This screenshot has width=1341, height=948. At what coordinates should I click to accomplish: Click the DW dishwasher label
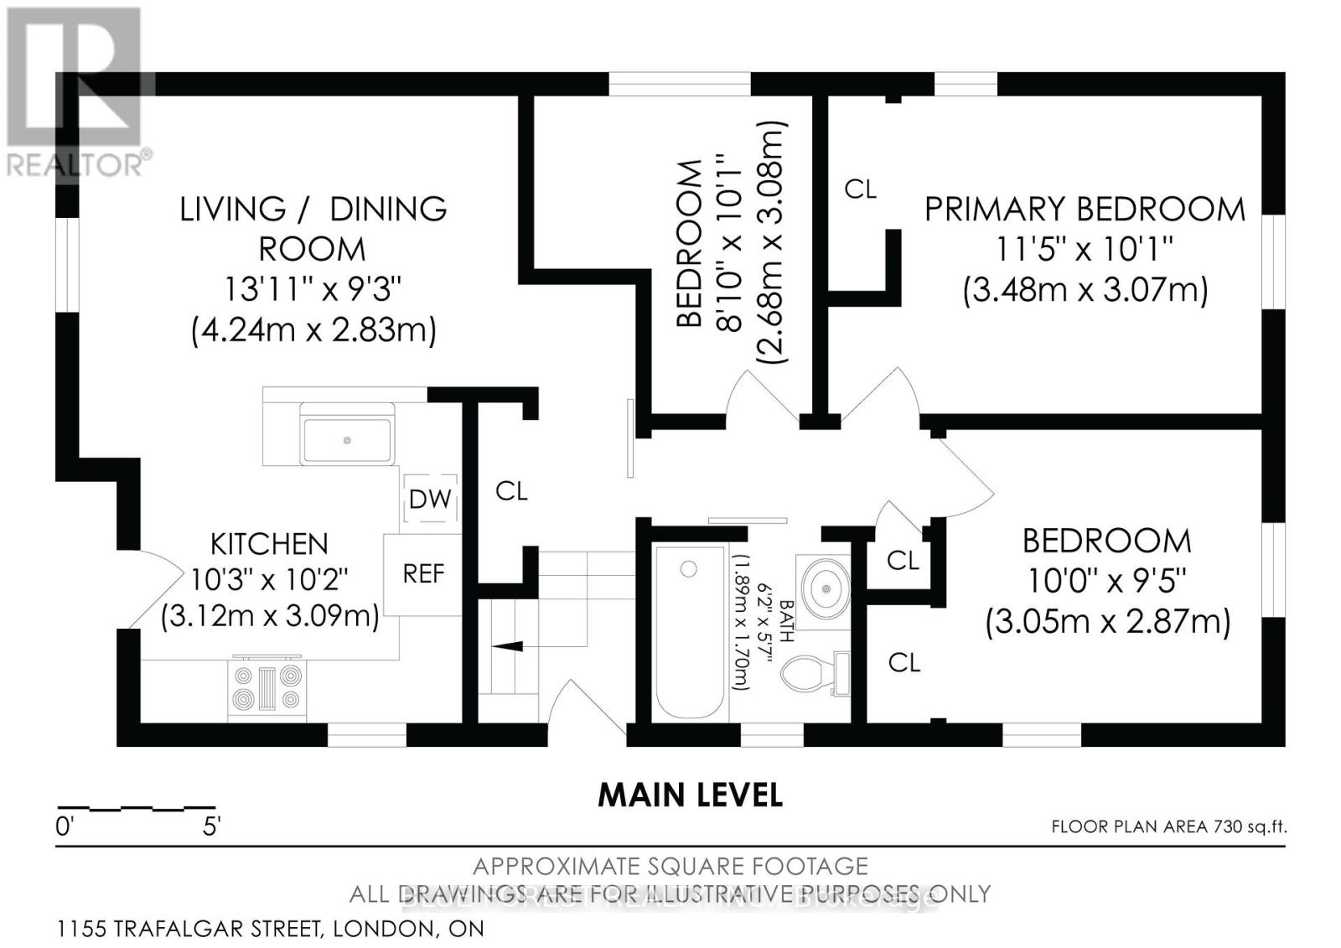point(430,500)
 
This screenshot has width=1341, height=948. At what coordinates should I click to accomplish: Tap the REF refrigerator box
point(423,574)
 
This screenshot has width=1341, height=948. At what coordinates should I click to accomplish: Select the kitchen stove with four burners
point(267,687)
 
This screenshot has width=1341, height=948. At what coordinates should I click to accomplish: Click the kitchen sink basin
point(347,440)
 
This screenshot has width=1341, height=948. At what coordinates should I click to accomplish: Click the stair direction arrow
point(506,646)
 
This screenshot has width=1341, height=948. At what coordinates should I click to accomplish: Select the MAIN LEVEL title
point(690,795)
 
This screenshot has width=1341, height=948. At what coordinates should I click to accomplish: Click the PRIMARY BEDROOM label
point(1085,210)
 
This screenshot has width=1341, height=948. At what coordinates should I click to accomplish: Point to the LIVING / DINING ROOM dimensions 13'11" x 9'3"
point(313,290)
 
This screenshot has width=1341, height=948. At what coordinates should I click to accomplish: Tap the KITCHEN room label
point(269,544)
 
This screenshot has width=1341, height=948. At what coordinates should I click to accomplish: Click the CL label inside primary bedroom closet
point(860,189)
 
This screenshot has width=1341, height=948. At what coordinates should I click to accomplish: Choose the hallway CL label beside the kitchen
point(511,491)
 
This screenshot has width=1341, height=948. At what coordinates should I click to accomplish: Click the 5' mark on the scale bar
point(211,826)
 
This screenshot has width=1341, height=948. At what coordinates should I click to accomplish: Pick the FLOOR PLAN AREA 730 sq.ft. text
point(1168,827)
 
